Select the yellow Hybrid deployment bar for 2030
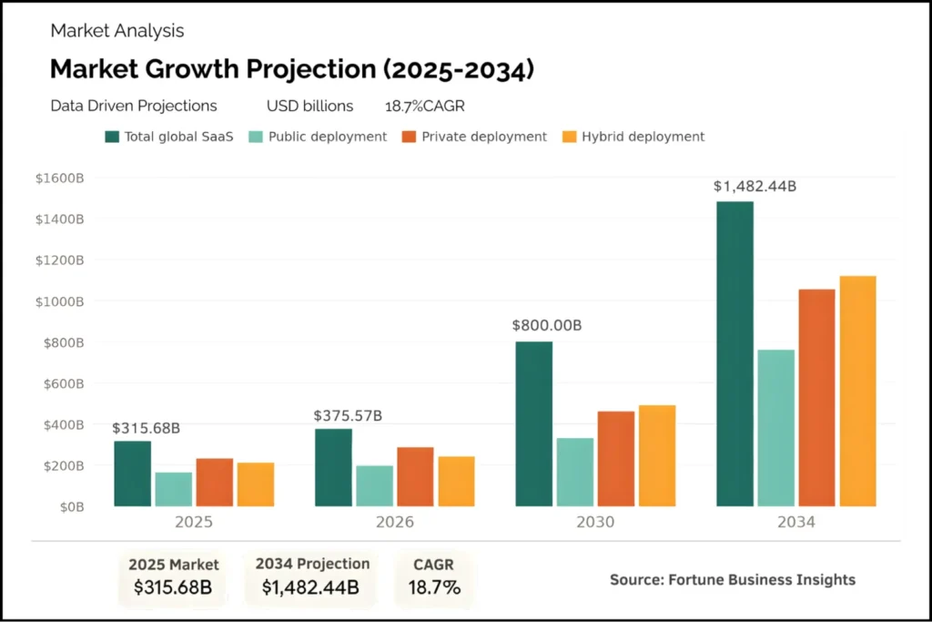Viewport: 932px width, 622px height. point(657,455)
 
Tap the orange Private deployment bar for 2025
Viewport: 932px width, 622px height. point(215,482)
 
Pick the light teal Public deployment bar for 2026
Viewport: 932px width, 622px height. point(374,485)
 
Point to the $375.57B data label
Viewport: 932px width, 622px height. point(348,416)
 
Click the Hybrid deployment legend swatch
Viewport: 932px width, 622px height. point(571,137)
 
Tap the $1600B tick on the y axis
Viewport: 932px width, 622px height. point(60,178)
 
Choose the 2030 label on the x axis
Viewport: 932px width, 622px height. point(595,523)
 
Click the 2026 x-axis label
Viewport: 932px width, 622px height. point(394,523)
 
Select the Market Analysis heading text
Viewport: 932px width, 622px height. point(117,31)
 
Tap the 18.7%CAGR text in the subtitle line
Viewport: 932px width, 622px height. point(425,107)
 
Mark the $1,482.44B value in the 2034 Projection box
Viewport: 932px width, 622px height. point(311,587)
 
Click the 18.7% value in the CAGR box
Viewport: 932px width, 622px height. point(434,587)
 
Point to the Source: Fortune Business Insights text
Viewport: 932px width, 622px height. point(733,579)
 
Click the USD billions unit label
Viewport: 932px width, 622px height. point(309,107)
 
